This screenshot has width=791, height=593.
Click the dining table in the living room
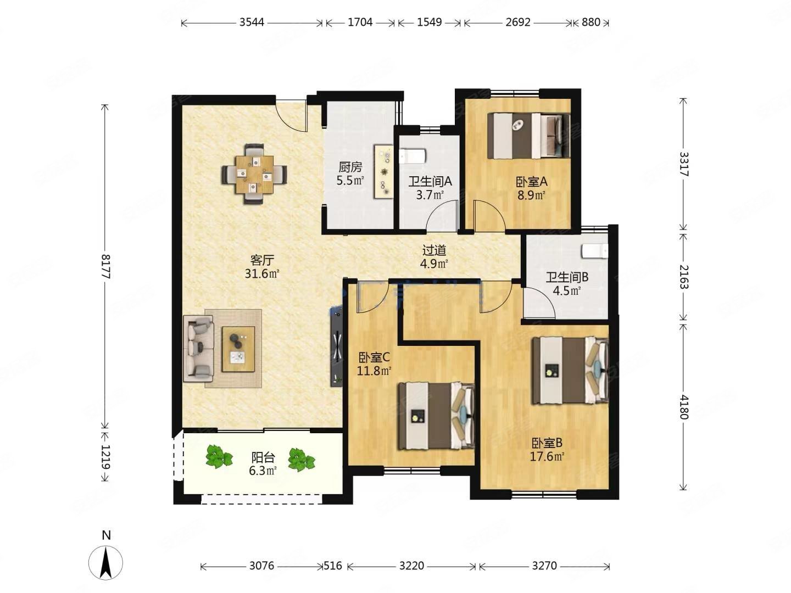(254, 174)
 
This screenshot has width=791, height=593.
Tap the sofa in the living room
(198, 348)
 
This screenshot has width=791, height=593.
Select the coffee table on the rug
(238, 349)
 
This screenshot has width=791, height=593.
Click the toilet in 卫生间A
(413, 156)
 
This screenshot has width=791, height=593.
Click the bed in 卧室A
(528, 136)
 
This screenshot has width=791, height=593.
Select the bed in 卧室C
(436, 416)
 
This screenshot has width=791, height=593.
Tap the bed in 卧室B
(571, 370)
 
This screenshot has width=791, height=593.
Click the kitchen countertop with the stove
(383, 171)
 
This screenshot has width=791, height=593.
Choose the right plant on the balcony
(302, 460)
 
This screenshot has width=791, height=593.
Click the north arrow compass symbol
(105, 562)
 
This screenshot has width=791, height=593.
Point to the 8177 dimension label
(105, 266)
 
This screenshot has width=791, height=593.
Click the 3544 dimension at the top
(252, 23)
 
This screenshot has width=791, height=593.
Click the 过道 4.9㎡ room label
(435, 257)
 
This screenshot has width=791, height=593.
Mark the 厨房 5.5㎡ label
(350, 173)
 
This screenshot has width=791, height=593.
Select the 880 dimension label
(591, 23)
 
